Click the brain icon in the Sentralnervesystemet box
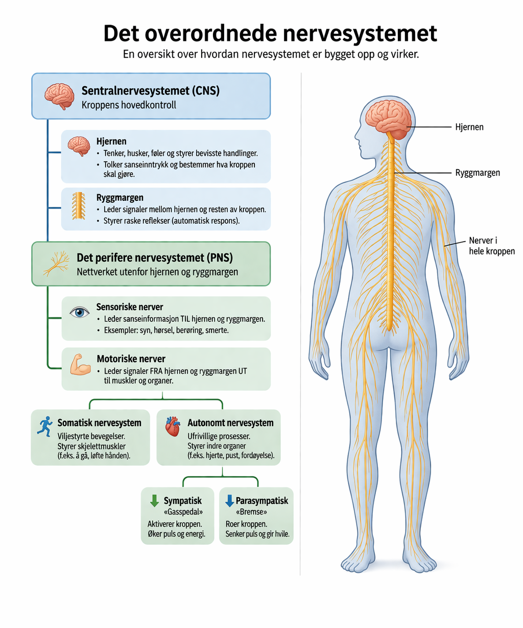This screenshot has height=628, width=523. tap(60, 97)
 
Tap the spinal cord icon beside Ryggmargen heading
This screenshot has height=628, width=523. tap(79, 206)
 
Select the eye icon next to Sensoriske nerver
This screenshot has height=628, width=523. tap(79, 313)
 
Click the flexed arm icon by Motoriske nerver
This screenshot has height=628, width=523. tap(80, 364)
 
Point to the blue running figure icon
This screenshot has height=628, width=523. tap(45, 427)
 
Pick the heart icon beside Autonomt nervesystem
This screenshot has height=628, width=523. tap(173, 426)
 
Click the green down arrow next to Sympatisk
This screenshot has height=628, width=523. tap(154, 500)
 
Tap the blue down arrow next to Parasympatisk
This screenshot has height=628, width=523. tap(230, 500)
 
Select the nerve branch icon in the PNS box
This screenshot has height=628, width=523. tap(56, 264)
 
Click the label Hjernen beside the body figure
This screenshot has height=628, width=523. tap(469, 127)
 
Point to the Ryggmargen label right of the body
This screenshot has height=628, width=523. tap(478, 173)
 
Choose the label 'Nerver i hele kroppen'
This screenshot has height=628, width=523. tap(492, 246)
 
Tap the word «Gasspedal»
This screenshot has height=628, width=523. tap(183, 511)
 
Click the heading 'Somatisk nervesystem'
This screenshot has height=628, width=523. tap(99, 423)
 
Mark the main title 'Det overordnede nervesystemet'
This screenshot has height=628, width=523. tap(270, 33)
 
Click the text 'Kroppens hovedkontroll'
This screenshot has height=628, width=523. tap(129, 105)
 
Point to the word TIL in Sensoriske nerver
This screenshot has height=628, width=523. tap(185, 319)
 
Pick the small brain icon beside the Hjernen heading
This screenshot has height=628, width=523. tap(79, 146)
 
